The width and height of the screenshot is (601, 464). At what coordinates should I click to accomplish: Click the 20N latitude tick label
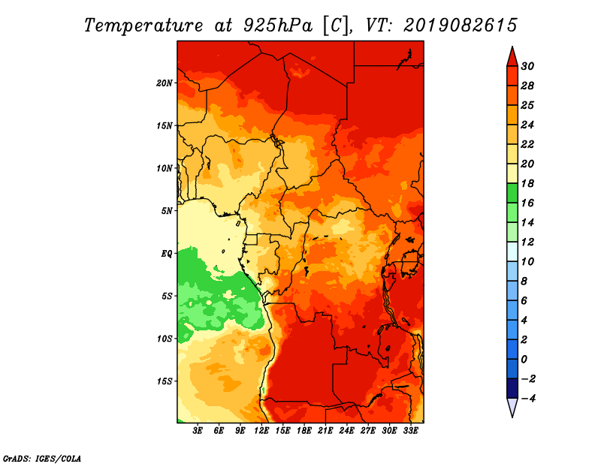[x=165, y=83]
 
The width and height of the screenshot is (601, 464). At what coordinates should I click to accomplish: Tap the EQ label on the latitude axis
[x=167, y=253]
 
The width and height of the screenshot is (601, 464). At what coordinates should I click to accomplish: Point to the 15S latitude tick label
[x=165, y=381]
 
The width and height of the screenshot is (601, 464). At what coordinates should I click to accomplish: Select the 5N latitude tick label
[x=167, y=211]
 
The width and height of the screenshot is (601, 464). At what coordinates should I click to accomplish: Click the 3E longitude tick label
[x=198, y=431]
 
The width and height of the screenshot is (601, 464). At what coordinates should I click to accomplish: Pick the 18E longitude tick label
[x=304, y=431]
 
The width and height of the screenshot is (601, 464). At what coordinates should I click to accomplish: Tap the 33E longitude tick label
[x=410, y=431]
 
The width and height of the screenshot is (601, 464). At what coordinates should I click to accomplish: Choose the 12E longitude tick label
[x=261, y=431]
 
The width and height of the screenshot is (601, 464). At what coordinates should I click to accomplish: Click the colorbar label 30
[x=527, y=66]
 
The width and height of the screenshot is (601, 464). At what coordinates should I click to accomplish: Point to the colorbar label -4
[x=528, y=399]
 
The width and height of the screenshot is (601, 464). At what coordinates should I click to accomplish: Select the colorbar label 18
[x=527, y=183]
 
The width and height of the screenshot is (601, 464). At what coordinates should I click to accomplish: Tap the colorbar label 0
[x=524, y=360]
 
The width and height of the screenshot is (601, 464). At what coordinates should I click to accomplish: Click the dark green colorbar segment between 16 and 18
[x=512, y=193]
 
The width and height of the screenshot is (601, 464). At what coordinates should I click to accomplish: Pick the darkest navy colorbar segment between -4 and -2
[x=512, y=388]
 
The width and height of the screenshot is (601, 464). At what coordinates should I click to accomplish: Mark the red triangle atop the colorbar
[x=512, y=57]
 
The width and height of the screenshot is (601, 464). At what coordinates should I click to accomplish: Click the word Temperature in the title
[x=143, y=26]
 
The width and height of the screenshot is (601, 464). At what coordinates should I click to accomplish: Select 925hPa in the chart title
[x=278, y=26]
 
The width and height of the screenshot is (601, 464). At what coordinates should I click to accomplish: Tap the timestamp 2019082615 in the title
[x=461, y=26]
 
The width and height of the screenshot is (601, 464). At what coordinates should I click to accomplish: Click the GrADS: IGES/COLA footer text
[x=42, y=459]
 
